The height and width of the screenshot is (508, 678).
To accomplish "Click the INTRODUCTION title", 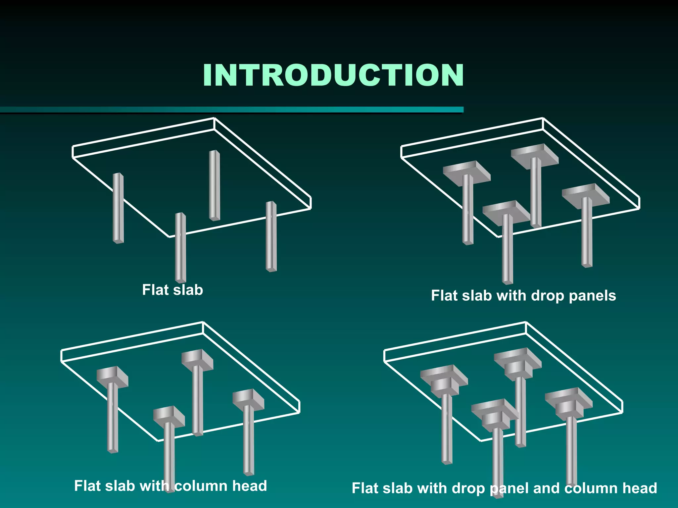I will coord(333,76).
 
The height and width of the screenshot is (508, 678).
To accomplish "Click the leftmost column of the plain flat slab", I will coord(118,208).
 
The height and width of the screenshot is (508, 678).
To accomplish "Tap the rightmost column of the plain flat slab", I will coord(271,236).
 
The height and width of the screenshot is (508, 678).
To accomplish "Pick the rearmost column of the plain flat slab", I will coord(215,185).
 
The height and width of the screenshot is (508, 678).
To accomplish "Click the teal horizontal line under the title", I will coord(232,110).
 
